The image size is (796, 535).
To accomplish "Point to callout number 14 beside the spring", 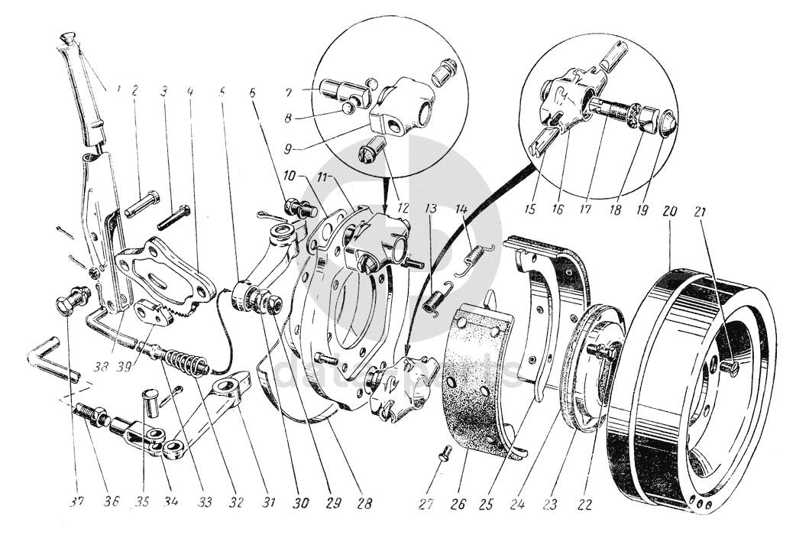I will pos(461,210).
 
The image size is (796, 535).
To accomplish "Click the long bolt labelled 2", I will pos(143,203).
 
